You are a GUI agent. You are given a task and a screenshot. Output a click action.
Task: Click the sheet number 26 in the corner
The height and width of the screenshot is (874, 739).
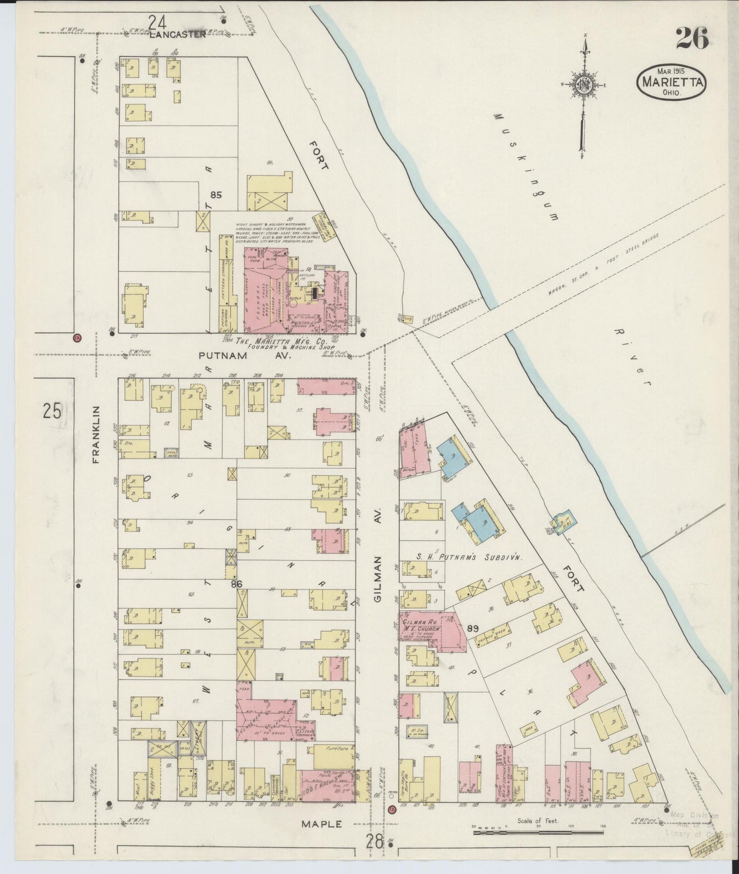[692, 38]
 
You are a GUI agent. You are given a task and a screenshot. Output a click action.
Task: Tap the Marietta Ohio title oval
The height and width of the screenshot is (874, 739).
[671, 82]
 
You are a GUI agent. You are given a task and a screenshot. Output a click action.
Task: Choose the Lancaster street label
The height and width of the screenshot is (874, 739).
[178, 34]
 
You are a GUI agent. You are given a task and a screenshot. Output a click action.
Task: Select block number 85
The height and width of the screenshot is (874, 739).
[216, 195]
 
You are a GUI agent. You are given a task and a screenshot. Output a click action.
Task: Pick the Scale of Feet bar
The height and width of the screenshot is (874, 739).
[538, 833]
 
